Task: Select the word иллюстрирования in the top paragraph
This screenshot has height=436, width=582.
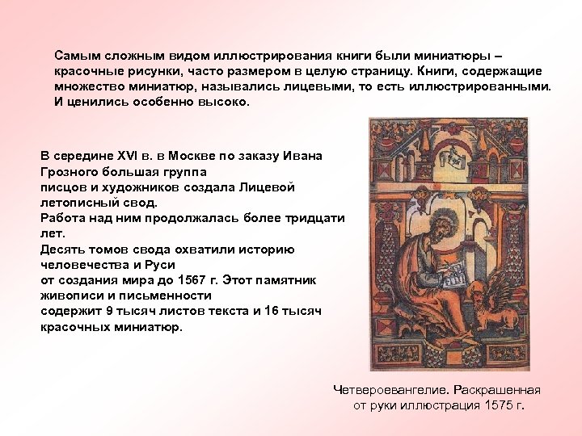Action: [262, 57]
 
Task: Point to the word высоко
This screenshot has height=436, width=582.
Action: [229, 103]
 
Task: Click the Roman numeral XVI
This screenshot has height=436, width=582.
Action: [118, 157]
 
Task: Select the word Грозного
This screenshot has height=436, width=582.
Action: [70, 172]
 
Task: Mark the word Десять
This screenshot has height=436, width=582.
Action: [62, 249]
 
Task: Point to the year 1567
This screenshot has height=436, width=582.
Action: [204, 279]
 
